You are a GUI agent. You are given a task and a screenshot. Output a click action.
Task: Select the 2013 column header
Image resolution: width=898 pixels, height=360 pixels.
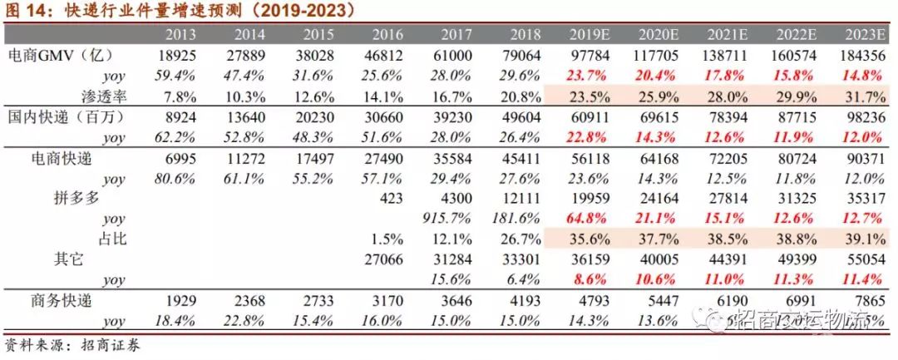tap(181, 35)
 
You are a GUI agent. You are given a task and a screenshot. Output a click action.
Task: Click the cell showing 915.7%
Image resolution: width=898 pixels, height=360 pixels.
tap(451, 219)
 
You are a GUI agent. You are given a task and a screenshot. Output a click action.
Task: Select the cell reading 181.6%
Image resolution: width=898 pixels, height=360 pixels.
tap(521, 219)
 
